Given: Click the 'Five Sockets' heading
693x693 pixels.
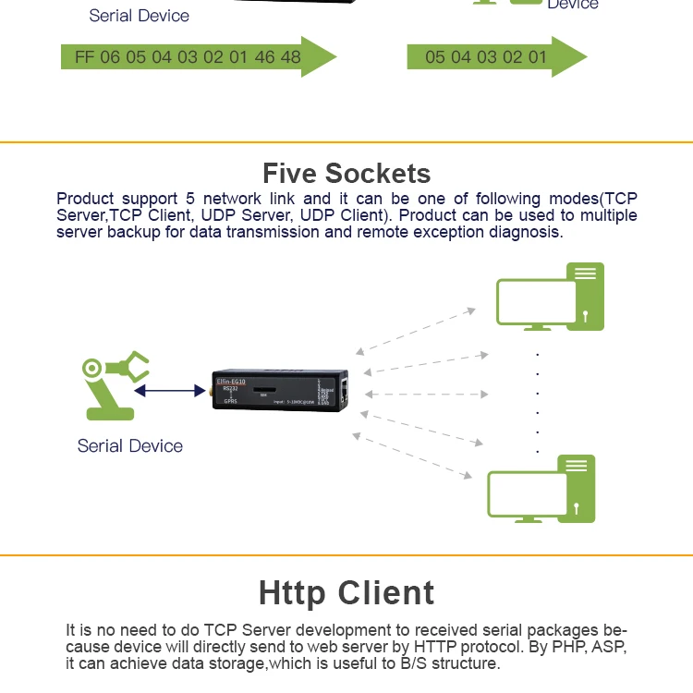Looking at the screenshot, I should tap(346, 173).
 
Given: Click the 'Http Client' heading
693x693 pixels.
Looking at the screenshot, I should tap(346, 592).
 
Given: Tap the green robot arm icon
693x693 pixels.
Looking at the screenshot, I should tap(112, 384).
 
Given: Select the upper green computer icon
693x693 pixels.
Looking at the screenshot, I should tap(549, 297).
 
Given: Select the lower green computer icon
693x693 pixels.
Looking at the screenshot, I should tap(541, 489).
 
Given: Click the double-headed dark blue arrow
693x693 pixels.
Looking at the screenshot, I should tap(170, 391).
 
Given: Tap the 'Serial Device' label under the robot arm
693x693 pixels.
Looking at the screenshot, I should tap(130, 446).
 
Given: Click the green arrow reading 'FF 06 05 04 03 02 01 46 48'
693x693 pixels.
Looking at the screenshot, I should tap(198, 57).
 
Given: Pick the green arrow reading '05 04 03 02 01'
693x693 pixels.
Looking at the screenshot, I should tap(495, 57).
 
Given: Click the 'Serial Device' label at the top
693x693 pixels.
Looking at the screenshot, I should tap(139, 16).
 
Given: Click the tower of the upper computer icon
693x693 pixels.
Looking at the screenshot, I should tap(587, 296).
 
